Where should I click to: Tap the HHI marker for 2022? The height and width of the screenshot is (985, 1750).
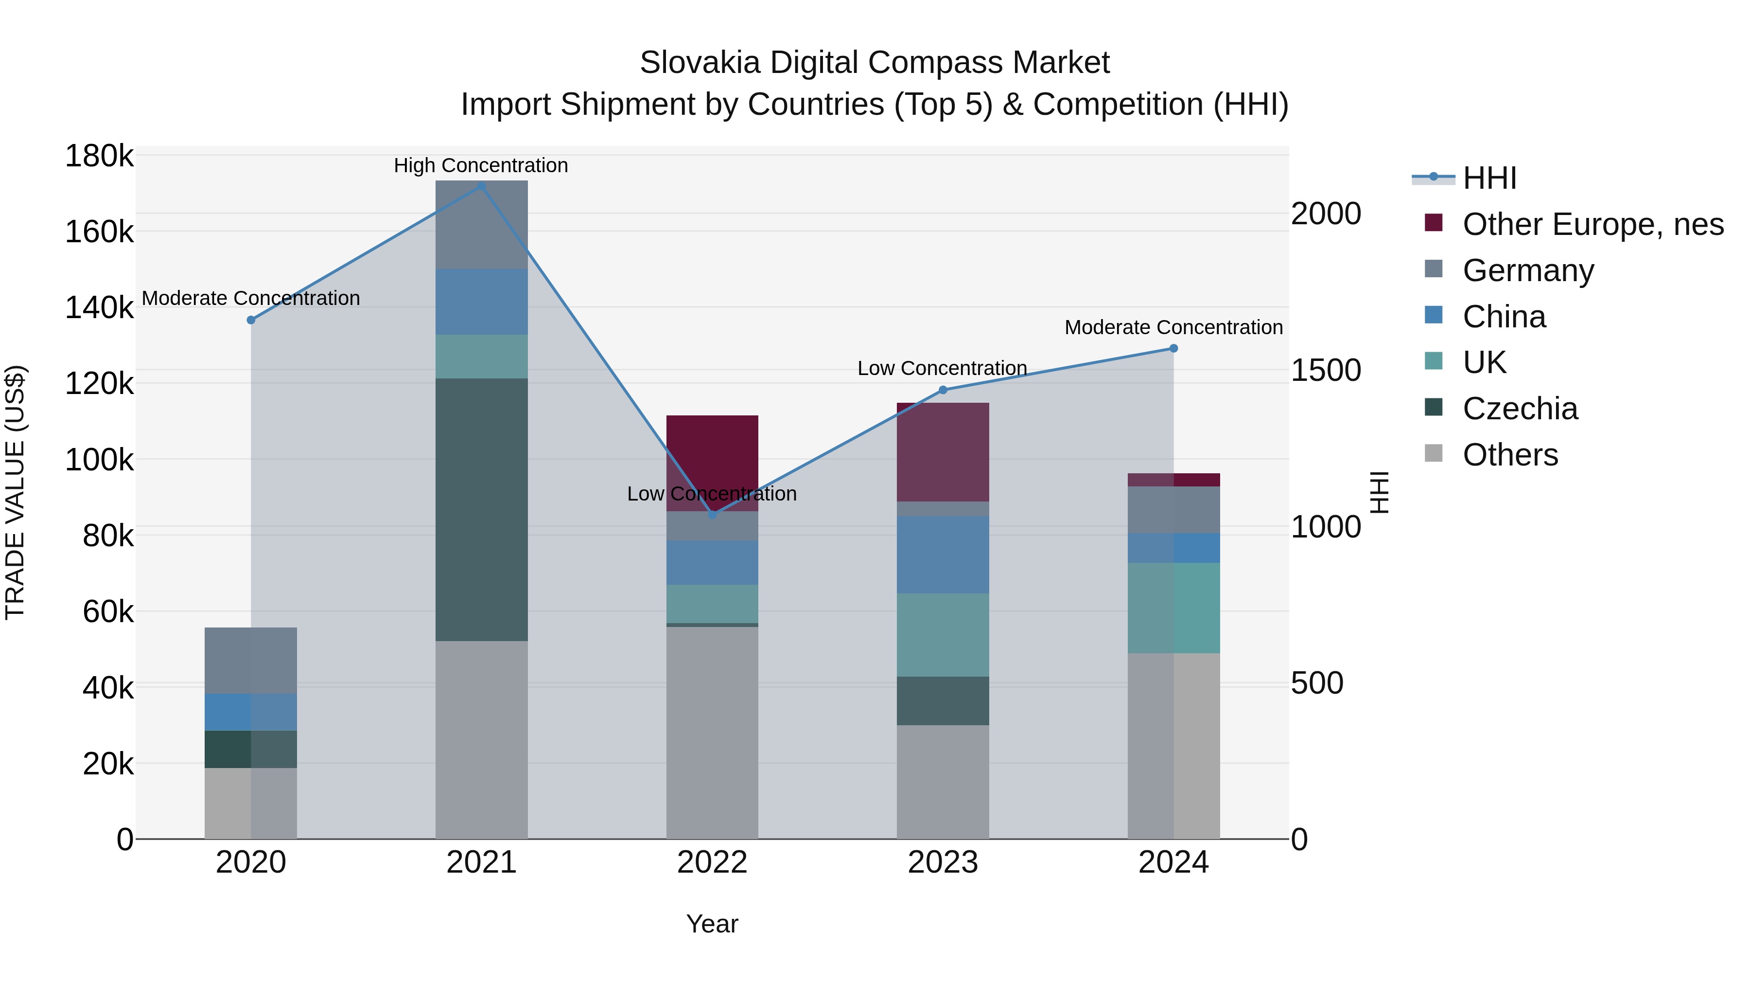coord(712,515)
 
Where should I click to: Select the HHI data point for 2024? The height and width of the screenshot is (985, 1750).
coord(1173,348)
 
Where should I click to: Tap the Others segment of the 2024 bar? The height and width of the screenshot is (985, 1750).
coord(1173,745)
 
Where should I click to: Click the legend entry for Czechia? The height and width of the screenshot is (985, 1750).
coord(1520,409)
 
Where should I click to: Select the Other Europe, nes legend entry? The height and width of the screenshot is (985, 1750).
coord(1592,224)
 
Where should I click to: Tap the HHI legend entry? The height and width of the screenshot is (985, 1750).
coord(1489,178)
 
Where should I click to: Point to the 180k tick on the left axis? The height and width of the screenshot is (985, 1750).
coord(99,156)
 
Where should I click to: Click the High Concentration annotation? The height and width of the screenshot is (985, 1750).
coord(481,165)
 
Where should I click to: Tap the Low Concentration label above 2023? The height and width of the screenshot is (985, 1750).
coord(942,368)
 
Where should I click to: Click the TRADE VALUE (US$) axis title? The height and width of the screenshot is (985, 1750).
coord(15,492)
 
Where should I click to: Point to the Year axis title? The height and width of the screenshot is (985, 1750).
coord(712,924)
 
